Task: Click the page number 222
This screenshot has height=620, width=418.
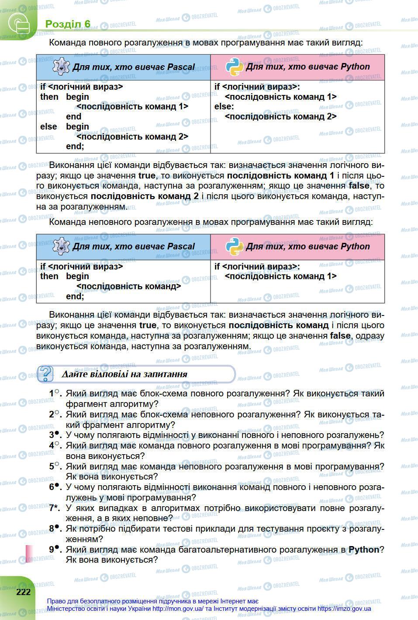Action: (24, 592)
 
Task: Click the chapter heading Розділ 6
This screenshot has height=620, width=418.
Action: (68, 24)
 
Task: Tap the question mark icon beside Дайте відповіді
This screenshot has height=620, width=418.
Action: (46, 374)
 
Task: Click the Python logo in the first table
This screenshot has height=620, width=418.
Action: (235, 67)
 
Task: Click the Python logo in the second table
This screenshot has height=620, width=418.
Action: (235, 246)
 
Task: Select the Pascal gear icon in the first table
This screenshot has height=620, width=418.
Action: (61, 67)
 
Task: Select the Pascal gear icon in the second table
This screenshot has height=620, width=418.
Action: (61, 246)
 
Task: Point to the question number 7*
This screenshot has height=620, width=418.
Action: (54, 508)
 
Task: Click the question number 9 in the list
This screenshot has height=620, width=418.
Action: (53, 549)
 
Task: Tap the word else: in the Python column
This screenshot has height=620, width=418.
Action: (224, 106)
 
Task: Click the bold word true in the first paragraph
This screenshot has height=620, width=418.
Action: (147, 175)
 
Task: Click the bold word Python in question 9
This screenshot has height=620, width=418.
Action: (364, 550)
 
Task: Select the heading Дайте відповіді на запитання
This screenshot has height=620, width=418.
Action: (124, 374)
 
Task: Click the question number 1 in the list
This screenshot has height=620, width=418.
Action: (52, 393)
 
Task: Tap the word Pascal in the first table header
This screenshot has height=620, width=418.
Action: (180, 67)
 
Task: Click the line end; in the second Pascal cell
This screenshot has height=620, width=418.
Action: (75, 296)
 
